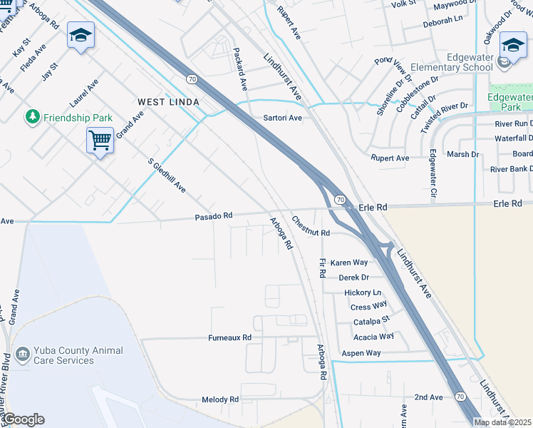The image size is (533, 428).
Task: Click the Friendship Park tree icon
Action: click(x=32, y=116)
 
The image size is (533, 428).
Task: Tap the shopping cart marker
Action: click(x=100, y=140)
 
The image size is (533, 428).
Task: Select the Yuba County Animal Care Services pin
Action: click(x=22, y=353)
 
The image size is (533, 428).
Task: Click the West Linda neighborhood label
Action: click(x=168, y=102)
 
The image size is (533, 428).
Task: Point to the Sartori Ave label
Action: click(x=283, y=118)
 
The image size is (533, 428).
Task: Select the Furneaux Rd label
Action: click(x=230, y=337)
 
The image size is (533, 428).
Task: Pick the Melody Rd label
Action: click(x=220, y=399)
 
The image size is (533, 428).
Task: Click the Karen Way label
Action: click(x=349, y=263)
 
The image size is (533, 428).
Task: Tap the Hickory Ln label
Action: click(x=363, y=292)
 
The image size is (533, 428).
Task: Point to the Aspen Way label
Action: click(x=361, y=353)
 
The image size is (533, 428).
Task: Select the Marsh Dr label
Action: click(x=463, y=154)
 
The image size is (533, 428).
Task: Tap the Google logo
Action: click(x=24, y=419)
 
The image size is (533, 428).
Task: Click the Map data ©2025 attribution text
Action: click(x=503, y=422)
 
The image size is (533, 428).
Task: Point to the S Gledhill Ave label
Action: click(x=167, y=175)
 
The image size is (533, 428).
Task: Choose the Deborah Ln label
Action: click(x=443, y=22)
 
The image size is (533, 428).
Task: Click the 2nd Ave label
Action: click(x=429, y=397)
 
